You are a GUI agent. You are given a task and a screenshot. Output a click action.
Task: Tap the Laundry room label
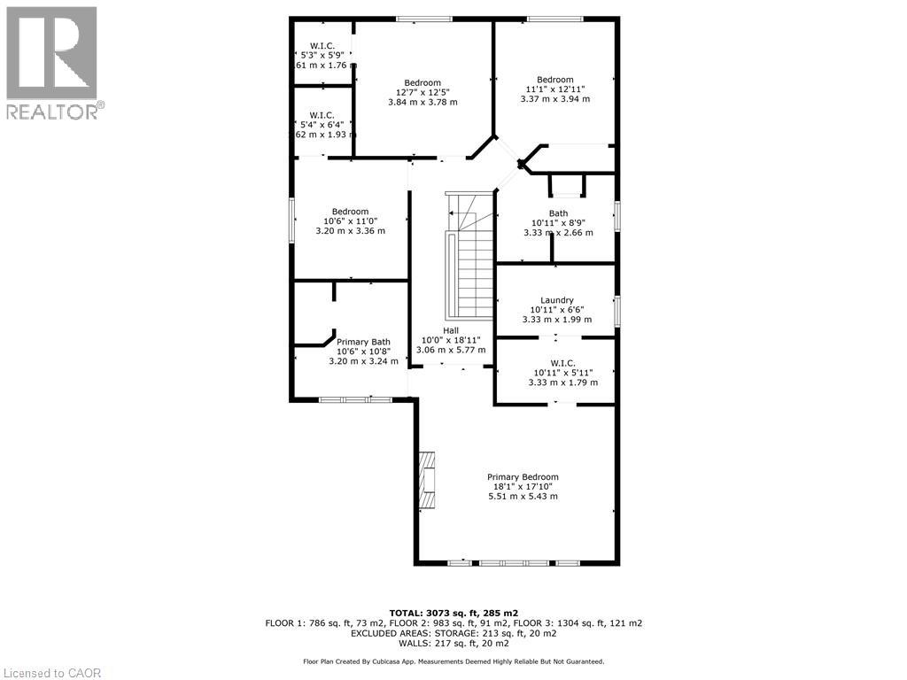point(556,300)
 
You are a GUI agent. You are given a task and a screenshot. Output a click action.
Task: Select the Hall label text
point(451,329)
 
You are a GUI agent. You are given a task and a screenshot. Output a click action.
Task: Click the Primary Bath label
point(363,342)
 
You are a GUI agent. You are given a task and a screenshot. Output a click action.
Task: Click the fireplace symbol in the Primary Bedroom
point(428,481)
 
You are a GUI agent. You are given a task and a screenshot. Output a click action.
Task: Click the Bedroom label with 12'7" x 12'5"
point(422,82)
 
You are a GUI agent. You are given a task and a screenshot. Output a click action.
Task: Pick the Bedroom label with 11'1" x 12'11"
point(554,80)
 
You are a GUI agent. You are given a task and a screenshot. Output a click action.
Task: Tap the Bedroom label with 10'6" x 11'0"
point(350,212)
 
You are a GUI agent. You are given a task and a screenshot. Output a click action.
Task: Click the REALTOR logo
point(52,62)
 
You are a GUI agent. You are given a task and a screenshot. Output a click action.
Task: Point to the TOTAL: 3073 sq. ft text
point(453,613)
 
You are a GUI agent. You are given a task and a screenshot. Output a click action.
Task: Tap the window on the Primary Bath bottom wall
point(355,400)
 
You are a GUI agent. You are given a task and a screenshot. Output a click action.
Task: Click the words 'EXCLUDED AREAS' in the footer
point(387,634)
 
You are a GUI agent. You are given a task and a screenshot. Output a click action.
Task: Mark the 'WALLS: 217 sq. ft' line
point(453,644)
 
